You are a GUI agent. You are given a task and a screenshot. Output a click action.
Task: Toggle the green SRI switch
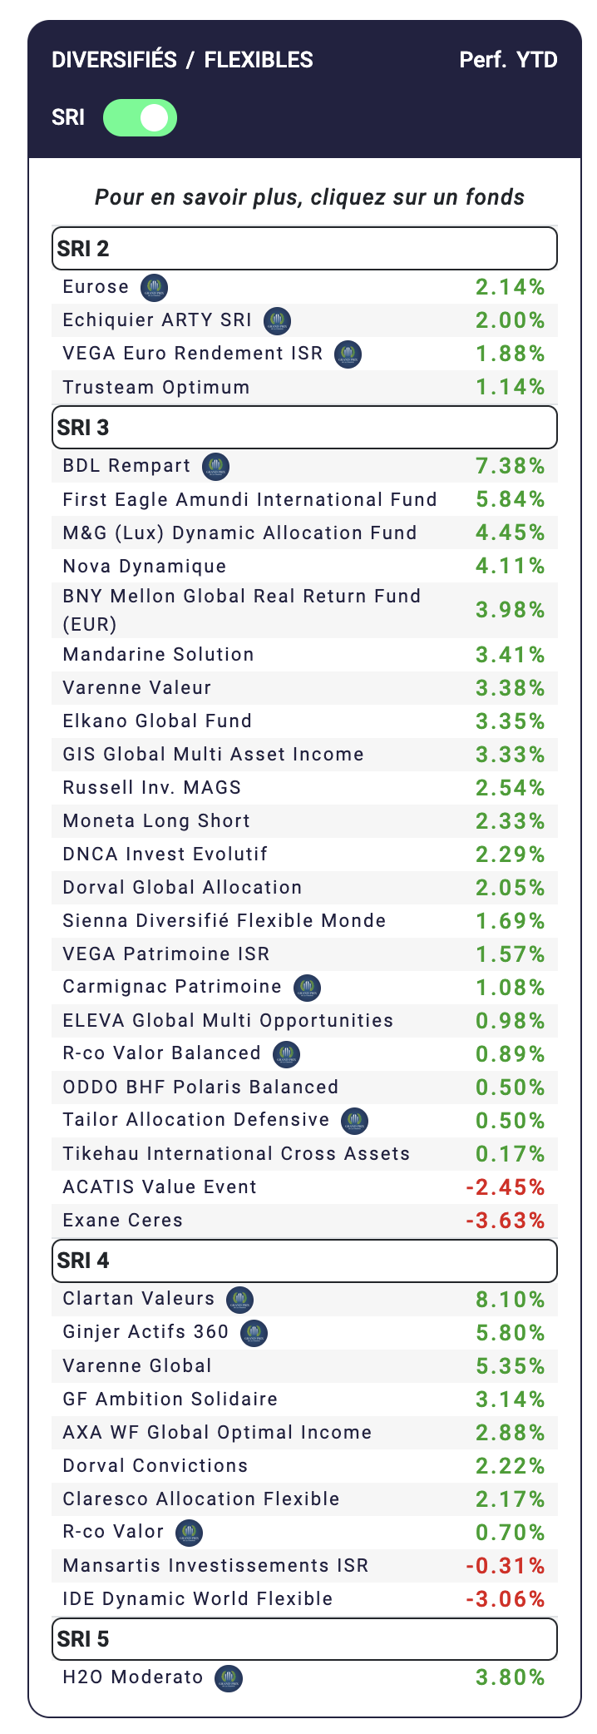coord(140,117)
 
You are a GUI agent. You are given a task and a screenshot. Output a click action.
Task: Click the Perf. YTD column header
coord(508,60)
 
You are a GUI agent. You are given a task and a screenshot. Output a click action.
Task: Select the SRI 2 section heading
coord(304,249)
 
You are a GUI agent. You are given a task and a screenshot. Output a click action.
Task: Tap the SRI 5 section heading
coord(304,1639)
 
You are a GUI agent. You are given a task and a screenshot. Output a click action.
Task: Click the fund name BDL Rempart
coord(126,466)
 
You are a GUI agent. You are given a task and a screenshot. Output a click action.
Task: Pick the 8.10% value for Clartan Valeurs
coord(510,1300)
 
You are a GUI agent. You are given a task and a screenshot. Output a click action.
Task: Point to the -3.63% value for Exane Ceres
coord(506,1221)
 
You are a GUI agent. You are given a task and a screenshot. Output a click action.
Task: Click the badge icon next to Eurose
coord(155,288)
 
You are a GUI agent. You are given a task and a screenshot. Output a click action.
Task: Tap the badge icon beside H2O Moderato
coord(229,1678)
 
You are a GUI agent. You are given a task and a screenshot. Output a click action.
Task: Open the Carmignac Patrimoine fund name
coord(172,987)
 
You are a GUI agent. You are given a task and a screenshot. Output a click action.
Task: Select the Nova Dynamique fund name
coord(145,567)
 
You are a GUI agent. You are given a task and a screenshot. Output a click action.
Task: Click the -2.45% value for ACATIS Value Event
coord(506,1187)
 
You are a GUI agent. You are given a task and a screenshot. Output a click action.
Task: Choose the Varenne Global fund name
coord(137,1366)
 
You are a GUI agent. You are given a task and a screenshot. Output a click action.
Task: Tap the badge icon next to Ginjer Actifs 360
coord(254,1333)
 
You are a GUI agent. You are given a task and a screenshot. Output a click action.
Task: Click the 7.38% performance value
coord(510,466)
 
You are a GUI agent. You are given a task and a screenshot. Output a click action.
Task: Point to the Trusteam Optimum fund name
coord(156,388)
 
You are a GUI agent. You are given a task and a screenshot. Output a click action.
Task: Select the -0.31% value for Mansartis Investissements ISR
coord(506,1566)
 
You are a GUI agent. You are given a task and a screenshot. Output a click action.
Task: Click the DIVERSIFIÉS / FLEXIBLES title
coord(182,60)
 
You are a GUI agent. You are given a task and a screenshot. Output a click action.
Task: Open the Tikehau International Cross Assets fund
coord(236,1154)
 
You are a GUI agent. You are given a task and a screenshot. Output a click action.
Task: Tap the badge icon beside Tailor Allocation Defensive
coord(355,1121)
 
